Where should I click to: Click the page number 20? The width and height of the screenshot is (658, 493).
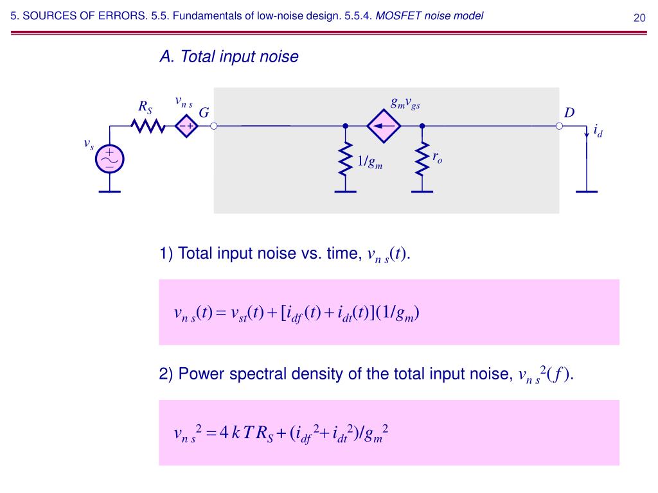pyautogui.click(x=639, y=17)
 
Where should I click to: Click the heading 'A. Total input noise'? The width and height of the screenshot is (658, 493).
pyautogui.click(x=229, y=57)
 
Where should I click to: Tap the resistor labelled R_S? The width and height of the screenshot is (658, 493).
pyautogui.click(x=148, y=126)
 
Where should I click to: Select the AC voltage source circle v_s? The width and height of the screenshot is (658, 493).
pyautogui.click(x=110, y=159)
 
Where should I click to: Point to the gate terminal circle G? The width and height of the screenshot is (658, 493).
pyautogui.click(x=214, y=126)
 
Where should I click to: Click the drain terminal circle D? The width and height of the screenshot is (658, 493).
pyautogui.click(x=559, y=126)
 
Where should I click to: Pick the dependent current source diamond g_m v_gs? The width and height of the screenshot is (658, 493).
pyautogui.click(x=384, y=126)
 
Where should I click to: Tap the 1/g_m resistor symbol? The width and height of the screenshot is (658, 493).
pyautogui.click(x=346, y=160)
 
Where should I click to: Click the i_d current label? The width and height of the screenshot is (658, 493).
pyautogui.click(x=598, y=132)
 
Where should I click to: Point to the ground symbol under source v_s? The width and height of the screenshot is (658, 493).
pyautogui.click(x=110, y=191)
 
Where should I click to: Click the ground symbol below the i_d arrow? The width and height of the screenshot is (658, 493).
pyautogui.click(x=586, y=191)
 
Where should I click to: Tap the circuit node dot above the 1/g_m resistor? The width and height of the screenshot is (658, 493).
pyautogui.click(x=346, y=126)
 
